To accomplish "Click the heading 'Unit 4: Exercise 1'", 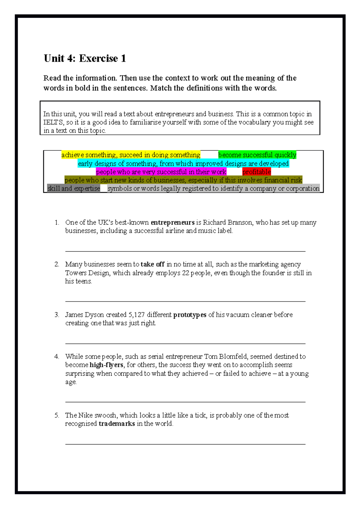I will (x=85, y=58).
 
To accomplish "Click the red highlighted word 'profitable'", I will (x=256, y=172).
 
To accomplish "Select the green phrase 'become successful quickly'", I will (x=257, y=155).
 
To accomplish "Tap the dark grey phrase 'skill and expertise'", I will (x=73, y=188).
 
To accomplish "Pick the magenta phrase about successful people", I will (x=161, y=172).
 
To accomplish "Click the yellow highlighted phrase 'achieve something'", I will (x=131, y=155).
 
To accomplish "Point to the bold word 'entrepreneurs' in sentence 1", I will (x=172, y=222).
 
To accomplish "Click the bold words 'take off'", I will (x=152, y=264).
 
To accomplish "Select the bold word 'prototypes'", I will (x=190, y=315).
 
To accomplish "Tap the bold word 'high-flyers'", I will (x=106, y=365).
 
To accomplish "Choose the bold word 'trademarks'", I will (x=117, y=424).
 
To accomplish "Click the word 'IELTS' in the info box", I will (x=53, y=122).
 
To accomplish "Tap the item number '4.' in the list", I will (x=57, y=356).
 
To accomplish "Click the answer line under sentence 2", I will (x=185, y=301).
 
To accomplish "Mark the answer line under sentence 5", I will (x=185, y=444).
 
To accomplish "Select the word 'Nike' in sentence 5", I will (x=85, y=415).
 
